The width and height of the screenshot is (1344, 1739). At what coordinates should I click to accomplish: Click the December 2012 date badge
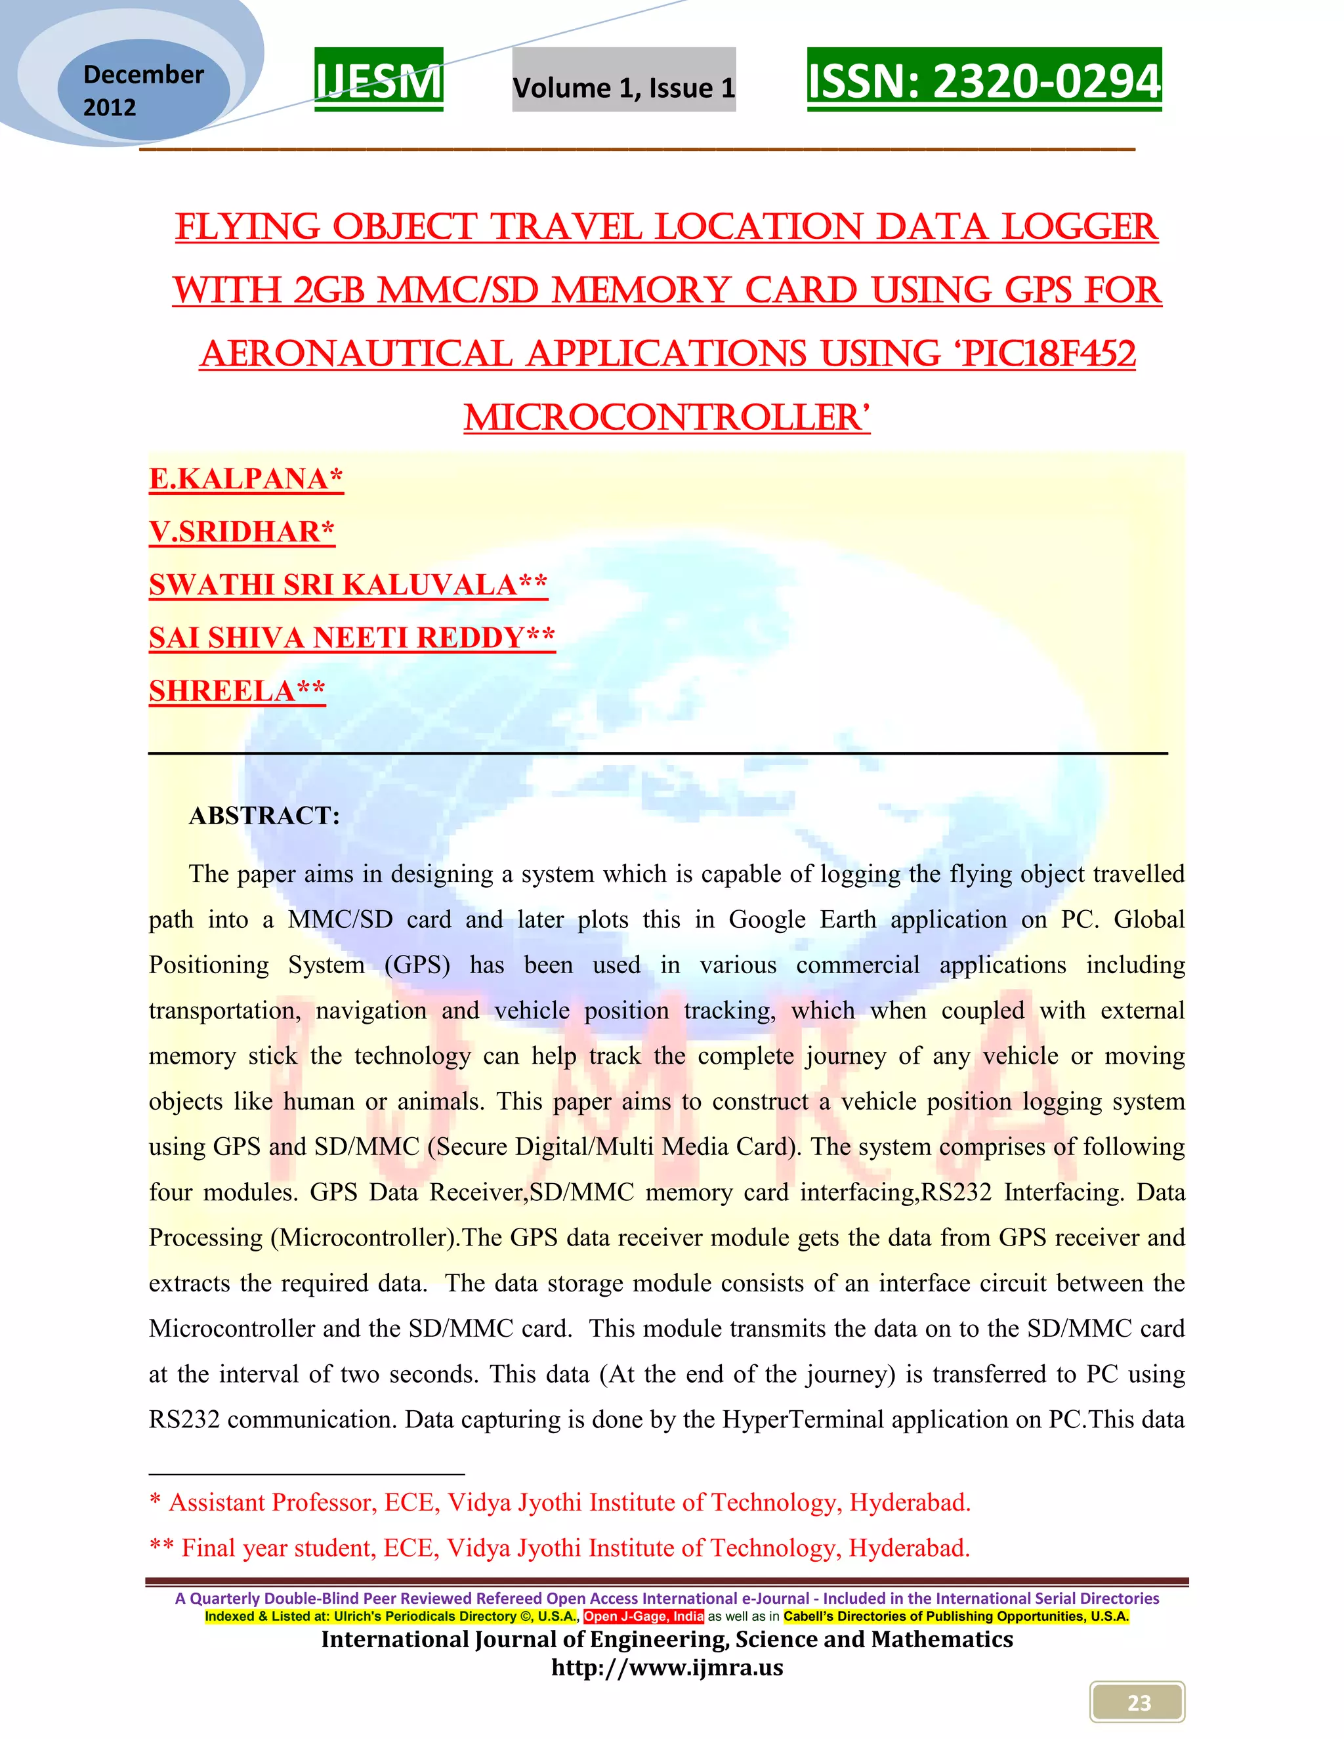[x=143, y=91]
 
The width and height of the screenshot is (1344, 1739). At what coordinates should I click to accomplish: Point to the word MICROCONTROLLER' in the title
[x=667, y=418]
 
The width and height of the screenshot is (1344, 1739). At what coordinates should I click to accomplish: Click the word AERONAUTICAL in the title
[x=355, y=354]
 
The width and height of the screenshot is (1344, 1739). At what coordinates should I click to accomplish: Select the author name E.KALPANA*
[x=246, y=478]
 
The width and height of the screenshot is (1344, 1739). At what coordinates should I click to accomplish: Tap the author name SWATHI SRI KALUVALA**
[x=348, y=585]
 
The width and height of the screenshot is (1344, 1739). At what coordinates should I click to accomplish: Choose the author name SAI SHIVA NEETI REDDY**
[x=352, y=638]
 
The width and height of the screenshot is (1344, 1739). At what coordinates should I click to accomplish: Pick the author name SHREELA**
[x=238, y=691]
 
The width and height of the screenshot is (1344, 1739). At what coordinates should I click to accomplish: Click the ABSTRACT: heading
[x=264, y=815]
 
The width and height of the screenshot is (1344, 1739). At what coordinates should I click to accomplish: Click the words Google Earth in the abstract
[x=802, y=919]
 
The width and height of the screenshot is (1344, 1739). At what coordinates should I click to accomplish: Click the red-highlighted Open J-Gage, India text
[x=643, y=1616]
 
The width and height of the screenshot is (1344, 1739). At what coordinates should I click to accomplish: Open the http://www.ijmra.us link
[x=667, y=1667]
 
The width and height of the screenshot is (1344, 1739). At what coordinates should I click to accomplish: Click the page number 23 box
[x=1138, y=1702]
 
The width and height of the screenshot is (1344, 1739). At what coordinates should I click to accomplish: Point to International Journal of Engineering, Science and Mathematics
[x=667, y=1639]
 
